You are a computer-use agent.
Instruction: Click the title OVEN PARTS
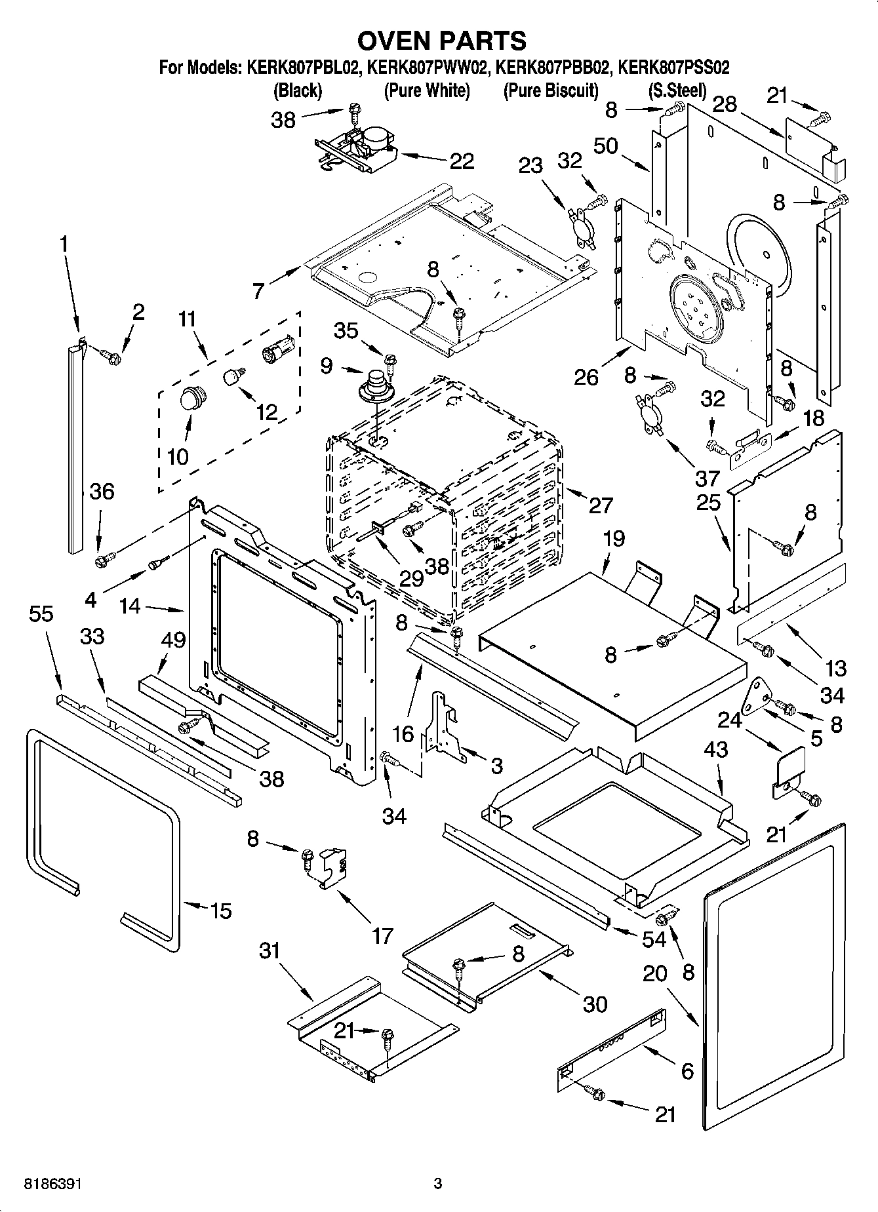[x=441, y=41]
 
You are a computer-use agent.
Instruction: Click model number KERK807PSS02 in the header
[x=673, y=68]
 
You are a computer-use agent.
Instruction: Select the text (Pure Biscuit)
[x=551, y=90]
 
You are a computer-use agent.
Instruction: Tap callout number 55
[x=41, y=614]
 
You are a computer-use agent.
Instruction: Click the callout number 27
[x=600, y=505]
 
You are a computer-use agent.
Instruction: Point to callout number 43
[x=715, y=749]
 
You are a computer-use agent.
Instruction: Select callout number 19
[x=614, y=539]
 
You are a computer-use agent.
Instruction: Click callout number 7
[x=259, y=290]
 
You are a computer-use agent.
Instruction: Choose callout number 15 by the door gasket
[x=221, y=910]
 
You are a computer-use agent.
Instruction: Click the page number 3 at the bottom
[x=438, y=1184]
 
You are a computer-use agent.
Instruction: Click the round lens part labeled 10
[x=190, y=398]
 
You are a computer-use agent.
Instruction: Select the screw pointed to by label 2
[x=113, y=358]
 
